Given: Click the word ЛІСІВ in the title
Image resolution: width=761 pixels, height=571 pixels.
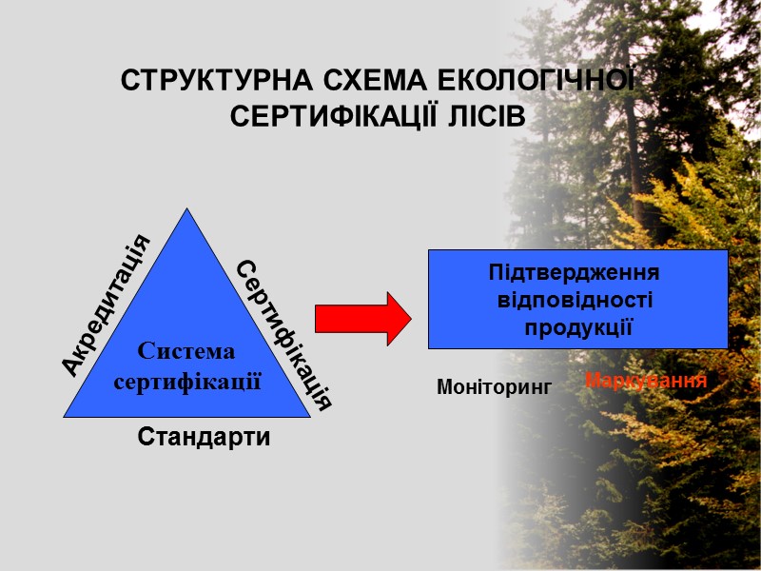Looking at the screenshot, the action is [x=484, y=116].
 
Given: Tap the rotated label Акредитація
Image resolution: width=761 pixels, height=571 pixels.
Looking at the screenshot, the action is [x=106, y=304].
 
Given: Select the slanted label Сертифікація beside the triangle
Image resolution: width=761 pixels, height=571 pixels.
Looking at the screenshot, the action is [x=283, y=334].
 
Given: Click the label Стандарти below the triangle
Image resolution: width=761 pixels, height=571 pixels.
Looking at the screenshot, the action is [x=204, y=438].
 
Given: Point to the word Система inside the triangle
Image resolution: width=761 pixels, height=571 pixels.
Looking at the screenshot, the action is [x=186, y=351].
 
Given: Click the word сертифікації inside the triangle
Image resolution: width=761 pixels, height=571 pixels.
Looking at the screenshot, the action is [x=187, y=382].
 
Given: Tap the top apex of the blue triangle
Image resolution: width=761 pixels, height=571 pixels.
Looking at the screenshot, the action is [x=188, y=210].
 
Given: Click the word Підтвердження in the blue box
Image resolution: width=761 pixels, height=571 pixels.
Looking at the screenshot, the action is [x=574, y=273].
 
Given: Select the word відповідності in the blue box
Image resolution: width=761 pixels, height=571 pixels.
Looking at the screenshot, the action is [x=576, y=300].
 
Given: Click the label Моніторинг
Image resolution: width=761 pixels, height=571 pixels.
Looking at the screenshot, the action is [x=494, y=387].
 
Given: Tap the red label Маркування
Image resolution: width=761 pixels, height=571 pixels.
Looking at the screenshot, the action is [x=646, y=381].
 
